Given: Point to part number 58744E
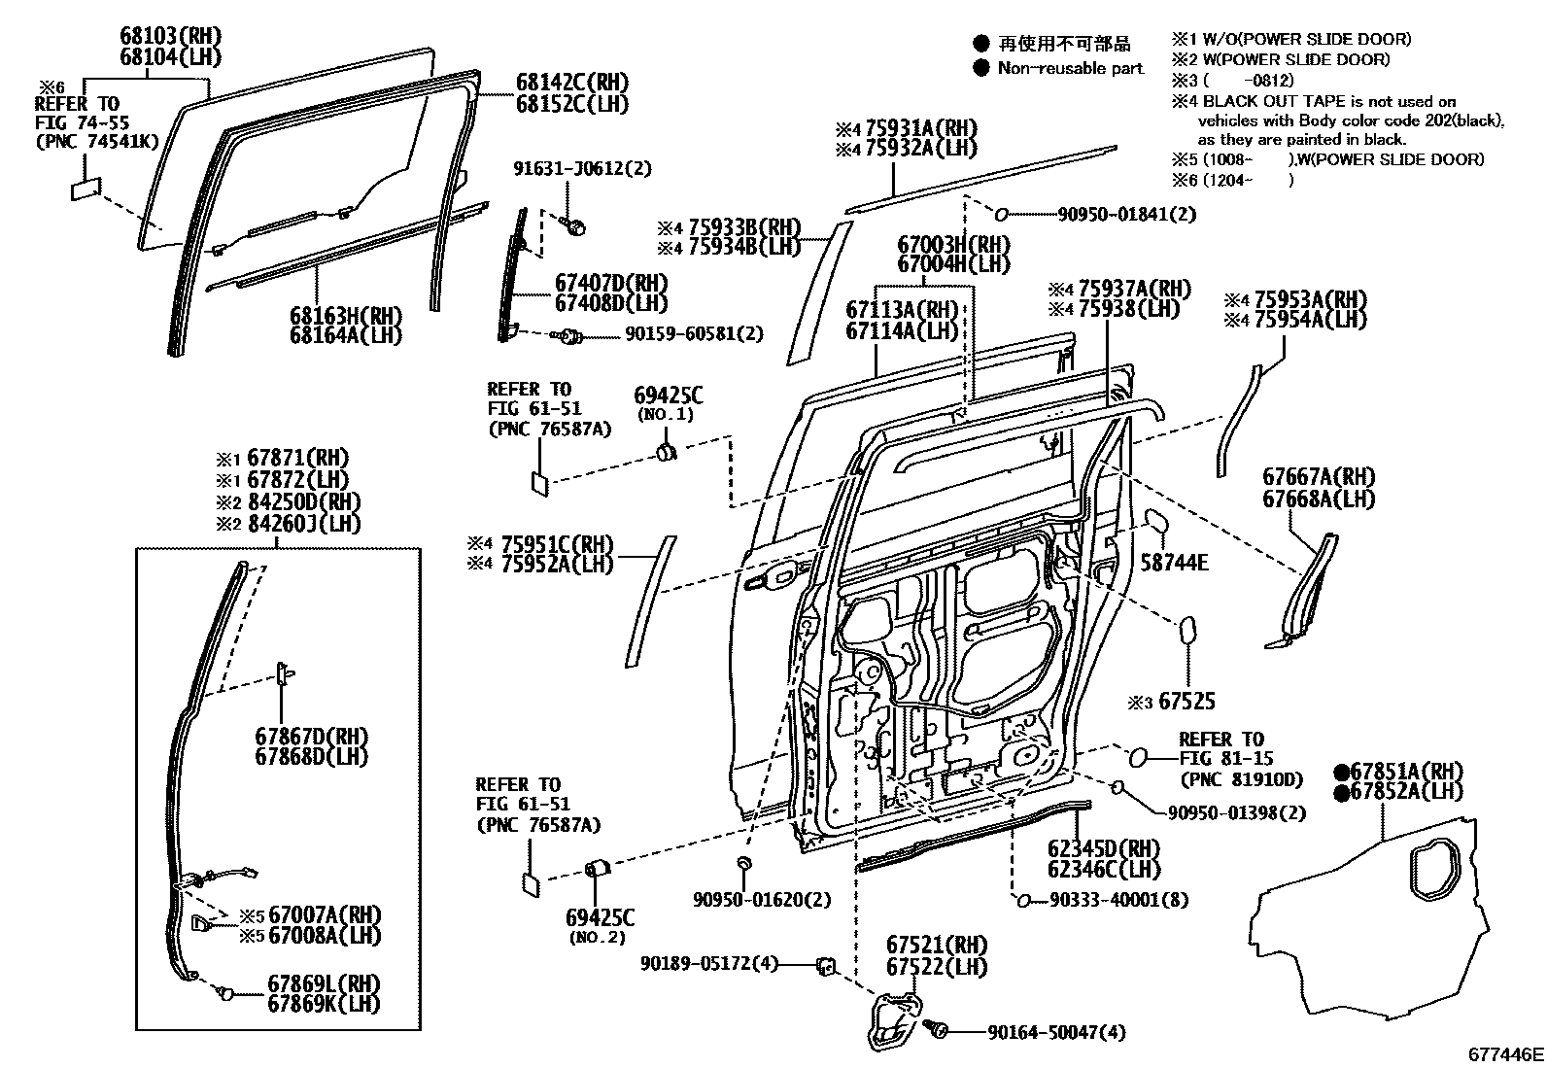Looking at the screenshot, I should [x=1174, y=562].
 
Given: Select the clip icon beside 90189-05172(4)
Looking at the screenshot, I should [x=826, y=965].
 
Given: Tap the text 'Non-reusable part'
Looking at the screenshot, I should [x=1070, y=69].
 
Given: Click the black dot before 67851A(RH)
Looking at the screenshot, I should [x=1341, y=772].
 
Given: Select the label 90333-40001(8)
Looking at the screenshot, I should [x=1117, y=900].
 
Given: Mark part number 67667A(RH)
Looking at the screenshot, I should [x=1318, y=477].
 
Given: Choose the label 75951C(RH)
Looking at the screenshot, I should [x=556, y=544].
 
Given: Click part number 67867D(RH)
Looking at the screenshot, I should [x=311, y=736].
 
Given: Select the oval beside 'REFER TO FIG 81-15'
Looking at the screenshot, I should [x=1138, y=757].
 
